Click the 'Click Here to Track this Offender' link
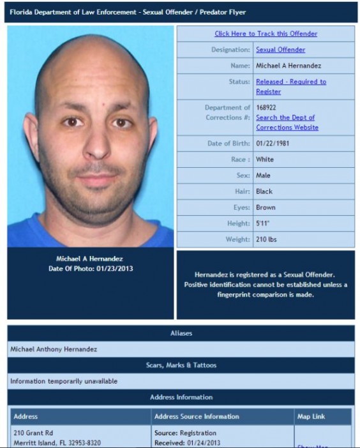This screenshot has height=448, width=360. pyautogui.click(x=266, y=34)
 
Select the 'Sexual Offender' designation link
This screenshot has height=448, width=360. pyautogui.click(x=280, y=50)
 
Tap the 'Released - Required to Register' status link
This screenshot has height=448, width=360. pyautogui.click(x=290, y=86)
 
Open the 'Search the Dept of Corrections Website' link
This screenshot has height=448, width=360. pyautogui.click(x=287, y=123)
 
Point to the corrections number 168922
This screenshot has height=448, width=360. pyautogui.click(x=266, y=108)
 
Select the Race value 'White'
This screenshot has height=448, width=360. pyautogui.click(x=264, y=160)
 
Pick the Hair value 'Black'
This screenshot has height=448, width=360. pyautogui.click(x=264, y=191)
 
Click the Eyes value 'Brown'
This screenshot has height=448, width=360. pyautogui.click(x=266, y=207)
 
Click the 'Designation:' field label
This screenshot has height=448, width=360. pyautogui.click(x=230, y=50)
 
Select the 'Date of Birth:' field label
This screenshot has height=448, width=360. pyautogui.click(x=227, y=144)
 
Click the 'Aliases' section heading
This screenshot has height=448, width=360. pyautogui.click(x=181, y=333)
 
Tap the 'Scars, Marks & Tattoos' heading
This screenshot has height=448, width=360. pyautogui.click(x=181, y=365)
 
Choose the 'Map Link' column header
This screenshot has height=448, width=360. pyautogui.click(x=311, y=417)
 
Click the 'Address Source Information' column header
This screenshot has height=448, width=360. pyautogui.click(x=197, y=417)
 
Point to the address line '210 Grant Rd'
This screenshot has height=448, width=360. pyautogui.click(x=33, y=433)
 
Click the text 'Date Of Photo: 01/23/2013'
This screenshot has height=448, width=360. pyautogui.click(x=90, y=269)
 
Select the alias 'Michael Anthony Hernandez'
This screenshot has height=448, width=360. pyautogui.click(x=53, y=349)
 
